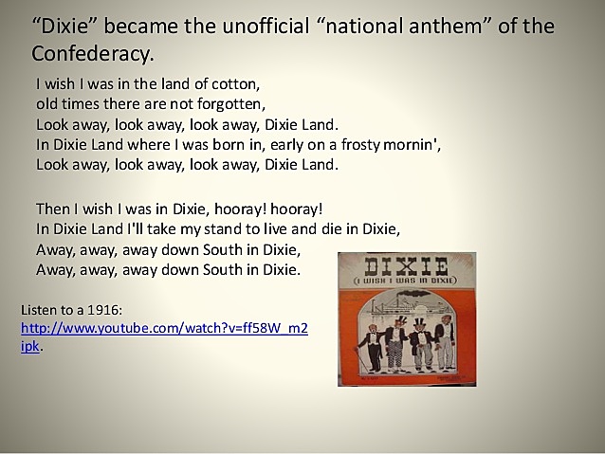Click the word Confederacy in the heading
(92, 51)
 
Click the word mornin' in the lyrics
(413, 144)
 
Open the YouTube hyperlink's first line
(163, 328)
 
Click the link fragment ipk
(30, 347)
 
